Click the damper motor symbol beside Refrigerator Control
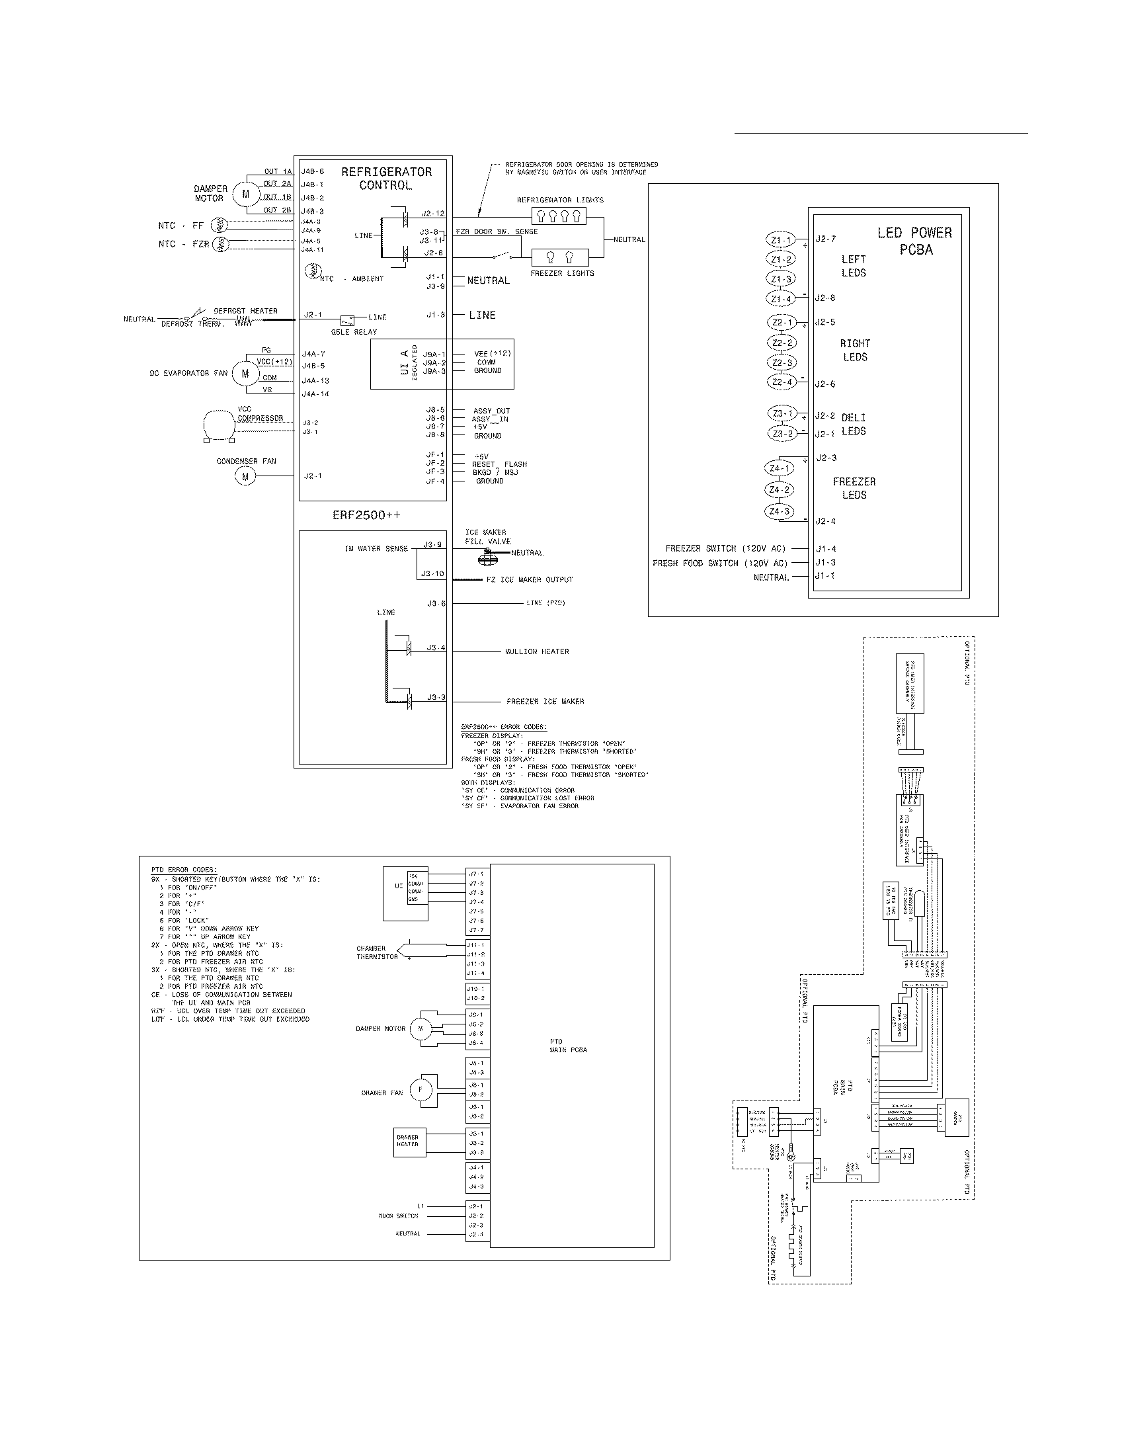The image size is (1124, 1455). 246,194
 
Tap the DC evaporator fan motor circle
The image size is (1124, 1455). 245,374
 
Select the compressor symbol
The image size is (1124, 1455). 219,425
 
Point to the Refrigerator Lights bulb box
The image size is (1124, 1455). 559,216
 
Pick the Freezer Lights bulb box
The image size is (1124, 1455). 559,258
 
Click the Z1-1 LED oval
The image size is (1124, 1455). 780,240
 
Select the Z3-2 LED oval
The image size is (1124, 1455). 782,434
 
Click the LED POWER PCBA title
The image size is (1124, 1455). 915,241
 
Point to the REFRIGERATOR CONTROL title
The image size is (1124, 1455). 386,179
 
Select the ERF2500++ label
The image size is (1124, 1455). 366,515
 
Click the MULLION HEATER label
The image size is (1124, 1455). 537,651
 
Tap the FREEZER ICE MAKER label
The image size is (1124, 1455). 545,702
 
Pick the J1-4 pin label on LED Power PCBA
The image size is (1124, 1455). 825,549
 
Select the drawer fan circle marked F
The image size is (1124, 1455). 419,1090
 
